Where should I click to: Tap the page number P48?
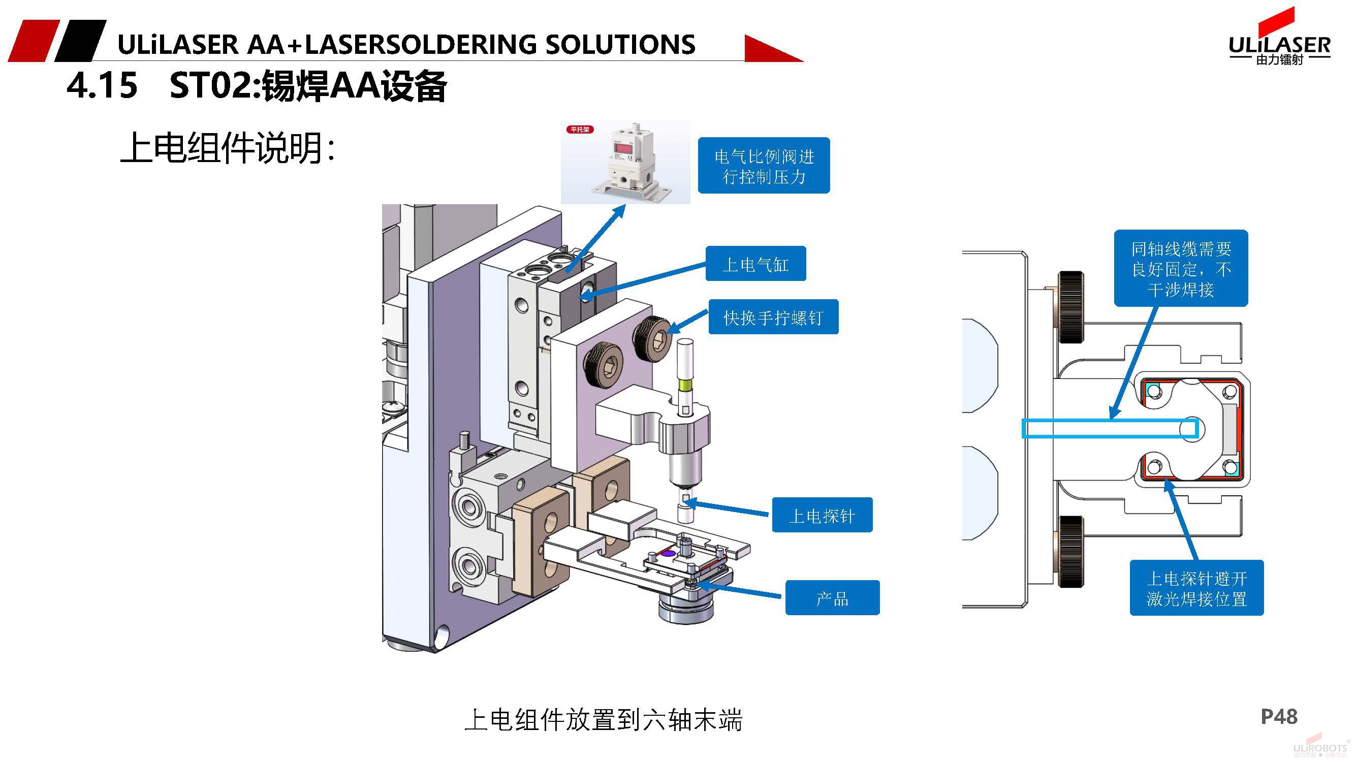coord(1279,716)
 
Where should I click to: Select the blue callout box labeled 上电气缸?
coord(755,264)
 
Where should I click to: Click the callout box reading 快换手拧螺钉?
coord(773,317)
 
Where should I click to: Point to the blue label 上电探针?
coord(822,515)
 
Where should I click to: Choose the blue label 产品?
coord(832,598)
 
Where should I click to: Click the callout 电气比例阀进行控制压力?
coord(764,166)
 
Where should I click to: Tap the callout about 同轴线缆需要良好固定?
coord(1181,268)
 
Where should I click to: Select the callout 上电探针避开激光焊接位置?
coord(1196,588)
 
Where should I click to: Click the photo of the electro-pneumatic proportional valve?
coord(625,162)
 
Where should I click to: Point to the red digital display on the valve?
coord(623,148)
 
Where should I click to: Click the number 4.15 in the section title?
coord(102,85)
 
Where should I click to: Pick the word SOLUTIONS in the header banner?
coord(620,45)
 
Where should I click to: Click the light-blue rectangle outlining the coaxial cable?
coord(1110,429)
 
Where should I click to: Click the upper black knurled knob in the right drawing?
coord(1070,307)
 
